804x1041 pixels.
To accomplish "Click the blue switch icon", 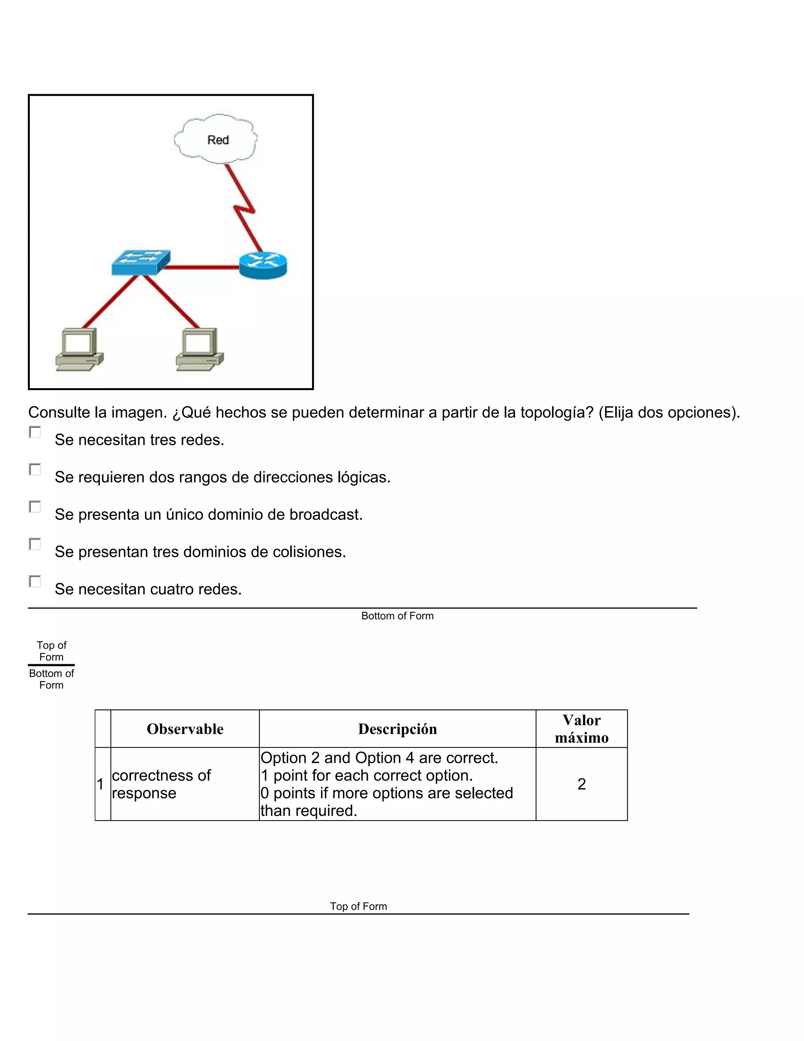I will pos(141,262).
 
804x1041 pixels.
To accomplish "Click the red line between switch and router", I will pos(200,268).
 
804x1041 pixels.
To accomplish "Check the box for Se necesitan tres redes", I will pos(35,433).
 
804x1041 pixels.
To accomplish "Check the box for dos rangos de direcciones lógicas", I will pos(35,469).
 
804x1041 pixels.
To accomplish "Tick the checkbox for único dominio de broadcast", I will pos(35,507).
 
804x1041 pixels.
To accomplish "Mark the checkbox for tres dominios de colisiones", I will pos(35,544).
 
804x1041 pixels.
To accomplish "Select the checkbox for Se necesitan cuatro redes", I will pos(35,581).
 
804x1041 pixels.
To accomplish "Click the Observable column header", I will pos(185,729).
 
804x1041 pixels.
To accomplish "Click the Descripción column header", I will pos(397,729).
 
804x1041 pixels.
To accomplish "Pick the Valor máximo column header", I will pos(581,729).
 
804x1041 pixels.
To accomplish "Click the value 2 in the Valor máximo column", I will pos(581,784).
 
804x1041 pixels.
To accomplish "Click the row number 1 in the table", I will pos(100,784).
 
